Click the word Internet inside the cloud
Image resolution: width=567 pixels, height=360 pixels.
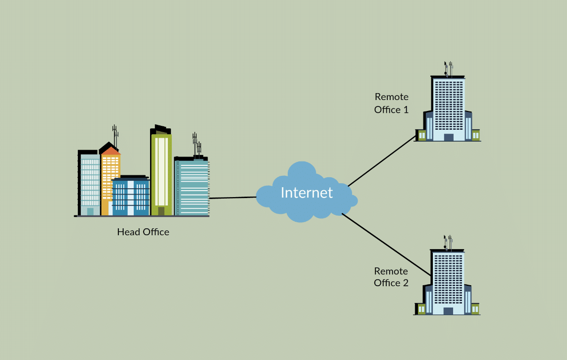pyautogui.click(x=307, y=192)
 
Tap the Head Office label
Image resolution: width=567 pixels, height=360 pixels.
pyautogui.click(x=143, y=232)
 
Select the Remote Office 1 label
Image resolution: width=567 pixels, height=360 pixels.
pyautogui.click(x=391, y=103)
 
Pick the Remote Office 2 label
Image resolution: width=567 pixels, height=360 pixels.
pyautogui.click(x=391, y=277)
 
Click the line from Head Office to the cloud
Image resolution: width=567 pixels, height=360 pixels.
pyautogui.click(x=233, y=198)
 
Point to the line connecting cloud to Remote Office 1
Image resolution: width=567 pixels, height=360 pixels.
pyautogui.click(x=381, y=161)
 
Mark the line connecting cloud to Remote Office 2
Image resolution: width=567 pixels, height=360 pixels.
pyautogui.click(x=386, y=245)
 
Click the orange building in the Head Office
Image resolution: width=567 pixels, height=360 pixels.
pyautogui.click(x=110, y=173)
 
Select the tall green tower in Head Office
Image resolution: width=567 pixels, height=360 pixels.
pyautogui.click(x=161, y=168)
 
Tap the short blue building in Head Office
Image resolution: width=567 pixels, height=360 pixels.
pyautogui.click(x=130, y=197)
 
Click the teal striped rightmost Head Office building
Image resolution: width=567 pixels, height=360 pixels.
pyautogui.click(x=192, y=188)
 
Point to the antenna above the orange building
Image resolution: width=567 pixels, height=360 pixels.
pyautogui.click(x=115, y=135)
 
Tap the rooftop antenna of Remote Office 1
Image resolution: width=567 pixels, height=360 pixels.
pyautogui.click(x=448, y=68)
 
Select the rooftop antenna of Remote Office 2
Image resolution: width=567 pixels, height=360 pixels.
pyautogui.click(x=448, y=242)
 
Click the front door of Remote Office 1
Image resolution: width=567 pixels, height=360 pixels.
pyautogui.click(x=449, y=137)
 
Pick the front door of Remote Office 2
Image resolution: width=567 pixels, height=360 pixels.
pyautogui.click(x=448, y=311)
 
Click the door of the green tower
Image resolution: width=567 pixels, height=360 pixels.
pyautogui.click(x=161, y=211)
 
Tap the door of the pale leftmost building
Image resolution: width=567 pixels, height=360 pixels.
pyautogui.click(x=90, y=211)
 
